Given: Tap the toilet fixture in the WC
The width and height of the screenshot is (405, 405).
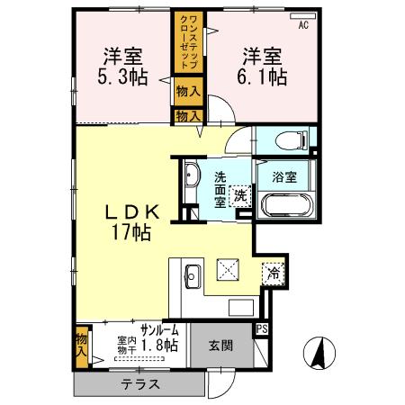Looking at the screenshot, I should [x=289, y=140].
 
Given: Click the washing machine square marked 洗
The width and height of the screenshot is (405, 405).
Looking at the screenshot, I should [x=240, y=195].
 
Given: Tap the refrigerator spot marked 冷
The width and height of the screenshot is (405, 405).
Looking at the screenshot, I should [x=272, y=274].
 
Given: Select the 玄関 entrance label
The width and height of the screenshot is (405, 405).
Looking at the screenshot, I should [x=220, y=344].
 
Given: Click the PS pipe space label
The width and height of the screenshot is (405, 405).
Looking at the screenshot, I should [x=262, y=328].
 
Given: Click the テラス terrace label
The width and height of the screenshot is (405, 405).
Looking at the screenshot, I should [x=140, y=384].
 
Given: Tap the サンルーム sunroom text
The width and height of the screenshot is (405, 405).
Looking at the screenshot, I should [x=158, y=330].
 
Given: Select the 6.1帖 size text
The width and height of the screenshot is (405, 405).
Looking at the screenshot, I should [x=261, y=76].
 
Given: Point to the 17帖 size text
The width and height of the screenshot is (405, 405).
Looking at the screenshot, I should [x=131, y=232].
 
